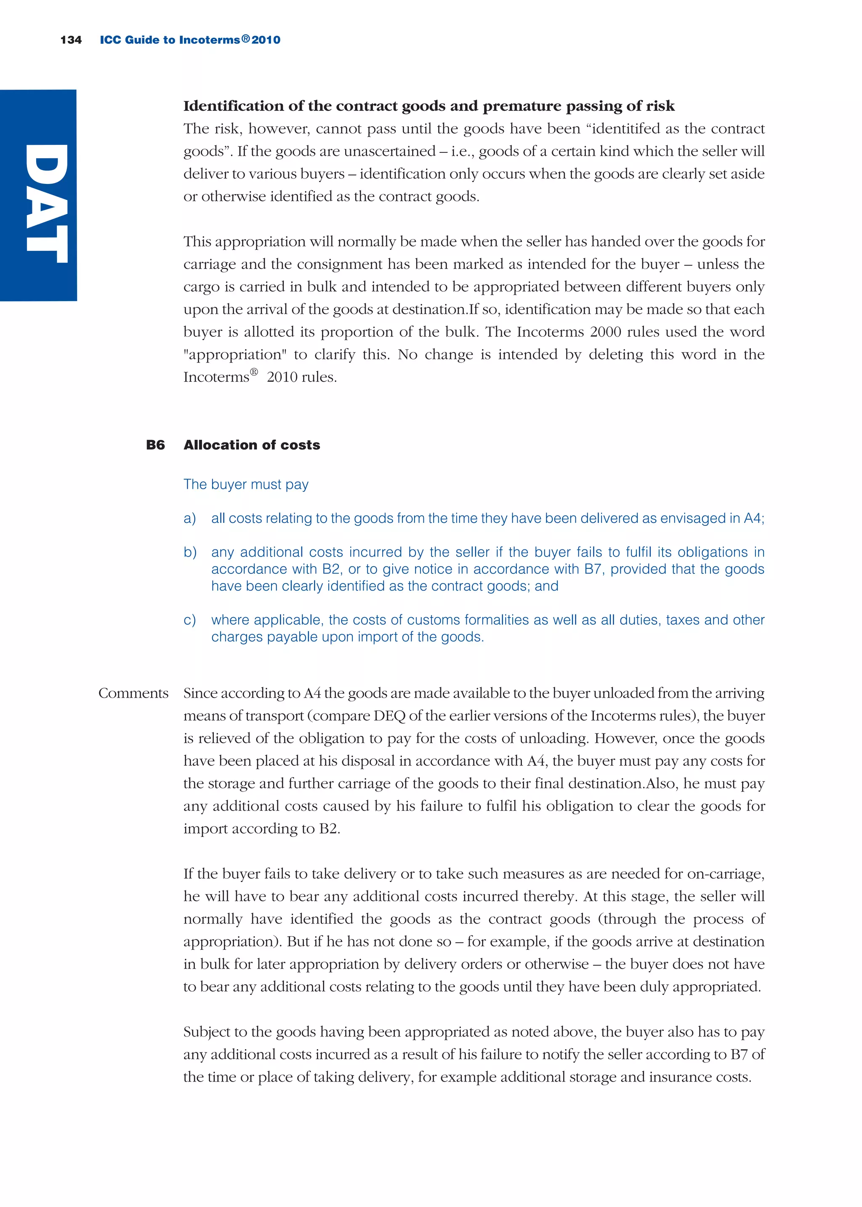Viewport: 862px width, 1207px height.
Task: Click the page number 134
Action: tap(71, 40)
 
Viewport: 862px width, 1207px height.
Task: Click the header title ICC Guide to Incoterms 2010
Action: tap(189, 40)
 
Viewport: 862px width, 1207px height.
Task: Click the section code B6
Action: tap(155, 445)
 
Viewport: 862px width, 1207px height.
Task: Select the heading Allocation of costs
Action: tap(252, 445)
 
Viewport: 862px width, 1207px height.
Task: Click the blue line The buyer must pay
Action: tap(246, 484)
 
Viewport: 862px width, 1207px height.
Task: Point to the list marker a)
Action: tap(189, 518)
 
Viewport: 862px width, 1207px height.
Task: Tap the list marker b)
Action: tap(190, 552)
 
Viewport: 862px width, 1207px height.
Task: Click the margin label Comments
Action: tap(133, 693)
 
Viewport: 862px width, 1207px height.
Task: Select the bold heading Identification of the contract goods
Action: tap(428, 106)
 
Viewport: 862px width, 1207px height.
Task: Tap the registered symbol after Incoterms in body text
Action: tap(254, 373)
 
